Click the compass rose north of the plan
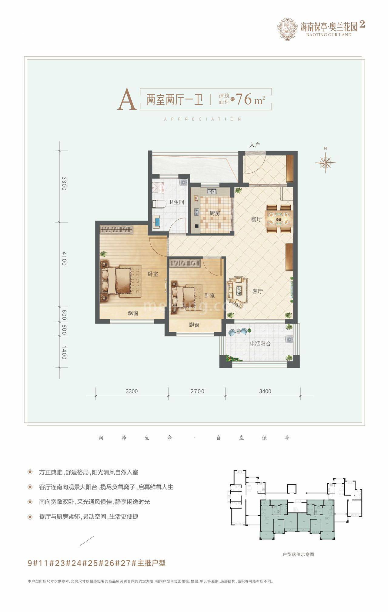325,162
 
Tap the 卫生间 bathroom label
176,202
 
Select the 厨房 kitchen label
215,213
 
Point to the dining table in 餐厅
279,218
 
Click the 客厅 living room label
257,291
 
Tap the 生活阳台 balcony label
260,344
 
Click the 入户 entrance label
255,145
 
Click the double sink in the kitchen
211,191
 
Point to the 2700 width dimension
197,391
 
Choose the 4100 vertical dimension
64,258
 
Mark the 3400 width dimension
265,391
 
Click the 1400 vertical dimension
64,352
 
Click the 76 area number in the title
244,99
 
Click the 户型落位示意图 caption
298,554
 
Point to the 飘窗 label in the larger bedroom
133,313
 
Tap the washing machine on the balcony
289,339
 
